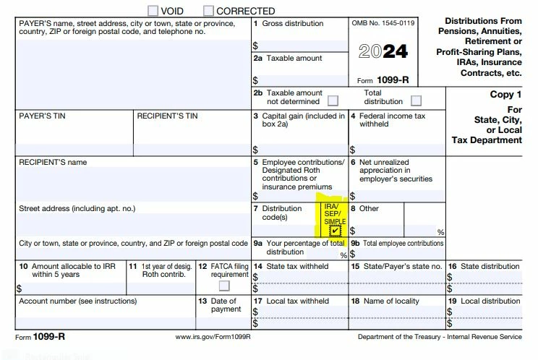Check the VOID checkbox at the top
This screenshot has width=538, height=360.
pos(153,10)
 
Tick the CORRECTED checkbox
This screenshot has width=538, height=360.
pos(209,10)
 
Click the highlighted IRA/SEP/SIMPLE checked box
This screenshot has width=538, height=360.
pos(334,231)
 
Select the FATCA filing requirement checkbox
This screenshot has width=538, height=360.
pos(224,286)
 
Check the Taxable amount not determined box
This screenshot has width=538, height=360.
pos(333,101)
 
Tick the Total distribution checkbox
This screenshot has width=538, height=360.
pos(416,101)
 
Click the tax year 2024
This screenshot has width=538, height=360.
pos(383,51)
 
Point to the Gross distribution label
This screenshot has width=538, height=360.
pos(292,23)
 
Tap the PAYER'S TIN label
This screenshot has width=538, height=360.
pos(44,116)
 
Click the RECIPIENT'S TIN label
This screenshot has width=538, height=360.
pos(166,116)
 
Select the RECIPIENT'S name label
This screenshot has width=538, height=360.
pos(53,163)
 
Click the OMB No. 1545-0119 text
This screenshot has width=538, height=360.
pos(383,23)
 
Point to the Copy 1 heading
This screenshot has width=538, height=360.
pos(505,95)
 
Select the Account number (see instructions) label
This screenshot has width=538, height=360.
pos(77,301)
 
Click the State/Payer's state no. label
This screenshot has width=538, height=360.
pos(396,266)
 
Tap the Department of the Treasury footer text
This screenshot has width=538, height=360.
pos(439,337)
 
